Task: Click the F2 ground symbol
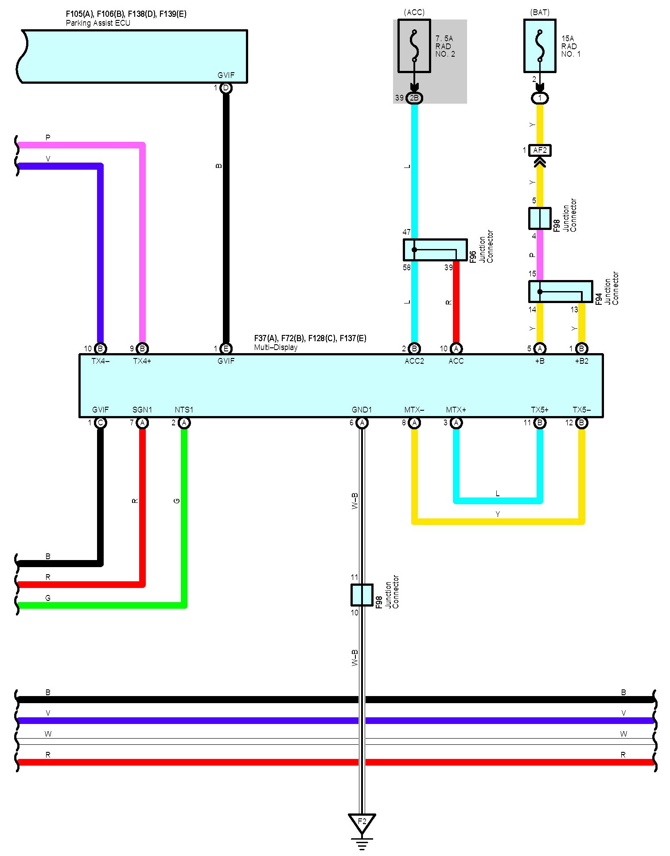362,822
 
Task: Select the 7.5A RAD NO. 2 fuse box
414,46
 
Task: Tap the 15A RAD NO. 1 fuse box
540,46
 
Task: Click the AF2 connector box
540,151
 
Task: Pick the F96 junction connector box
435,250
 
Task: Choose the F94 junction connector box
561,292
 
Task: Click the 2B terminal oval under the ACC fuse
414,98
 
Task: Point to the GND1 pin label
362,410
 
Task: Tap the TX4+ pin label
142,361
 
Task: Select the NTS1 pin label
184,410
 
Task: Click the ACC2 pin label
414,361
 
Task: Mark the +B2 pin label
581,361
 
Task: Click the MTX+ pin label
456,410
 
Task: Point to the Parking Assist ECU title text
98,23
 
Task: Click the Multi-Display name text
276,347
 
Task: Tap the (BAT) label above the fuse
540,12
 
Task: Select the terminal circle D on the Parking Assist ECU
226,88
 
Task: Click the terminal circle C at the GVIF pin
101,423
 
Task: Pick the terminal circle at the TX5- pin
582,423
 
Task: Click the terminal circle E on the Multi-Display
226,349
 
